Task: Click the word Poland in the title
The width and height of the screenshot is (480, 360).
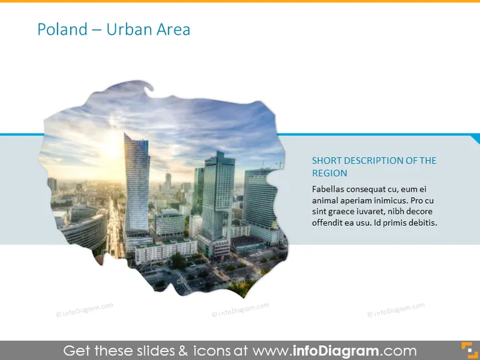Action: click(62, 29)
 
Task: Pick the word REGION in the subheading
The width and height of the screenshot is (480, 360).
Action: click(330, 173)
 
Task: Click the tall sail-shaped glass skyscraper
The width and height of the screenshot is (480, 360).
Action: click(137, 184)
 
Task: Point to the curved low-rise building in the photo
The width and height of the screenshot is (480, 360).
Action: click(84, 226)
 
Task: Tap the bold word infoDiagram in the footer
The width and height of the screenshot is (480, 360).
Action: click(336, 351)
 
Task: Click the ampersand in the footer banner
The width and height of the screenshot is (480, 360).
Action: click(183, 351)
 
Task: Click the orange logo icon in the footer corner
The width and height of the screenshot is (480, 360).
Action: click(469, 350)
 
